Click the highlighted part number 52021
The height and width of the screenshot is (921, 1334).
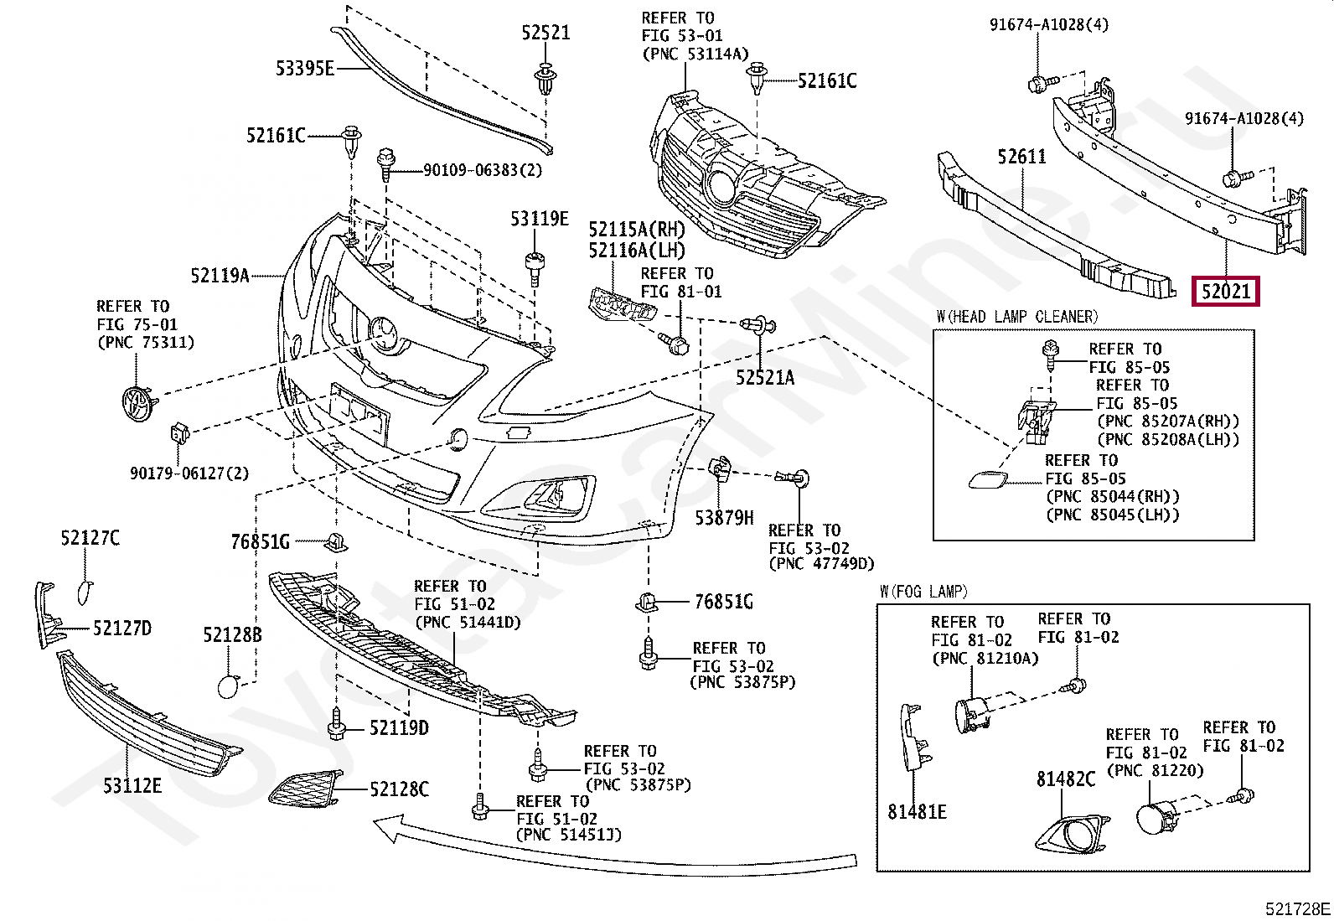tap(1226, 292)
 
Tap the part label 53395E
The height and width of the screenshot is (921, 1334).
tap(304, 69)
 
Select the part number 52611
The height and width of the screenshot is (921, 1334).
tap(1022, 157)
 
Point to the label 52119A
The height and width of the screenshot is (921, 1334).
tap(220, 275)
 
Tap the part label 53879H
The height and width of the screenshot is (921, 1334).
tap(724, 518)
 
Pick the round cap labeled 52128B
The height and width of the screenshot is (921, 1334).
tap(228, 686)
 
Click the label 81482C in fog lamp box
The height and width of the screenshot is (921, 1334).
tap(1065, 779)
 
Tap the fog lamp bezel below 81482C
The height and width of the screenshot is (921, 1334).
tap(1073, 834)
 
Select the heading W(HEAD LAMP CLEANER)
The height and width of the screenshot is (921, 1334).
tap(1017, 316)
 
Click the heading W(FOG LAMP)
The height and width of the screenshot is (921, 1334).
tap(923, 592)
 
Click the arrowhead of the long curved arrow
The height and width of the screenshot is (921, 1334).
tap(386, 829)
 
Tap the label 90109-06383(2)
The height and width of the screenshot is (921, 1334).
tap(483, 170)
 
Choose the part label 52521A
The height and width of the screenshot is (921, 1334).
tap(765, 377)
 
